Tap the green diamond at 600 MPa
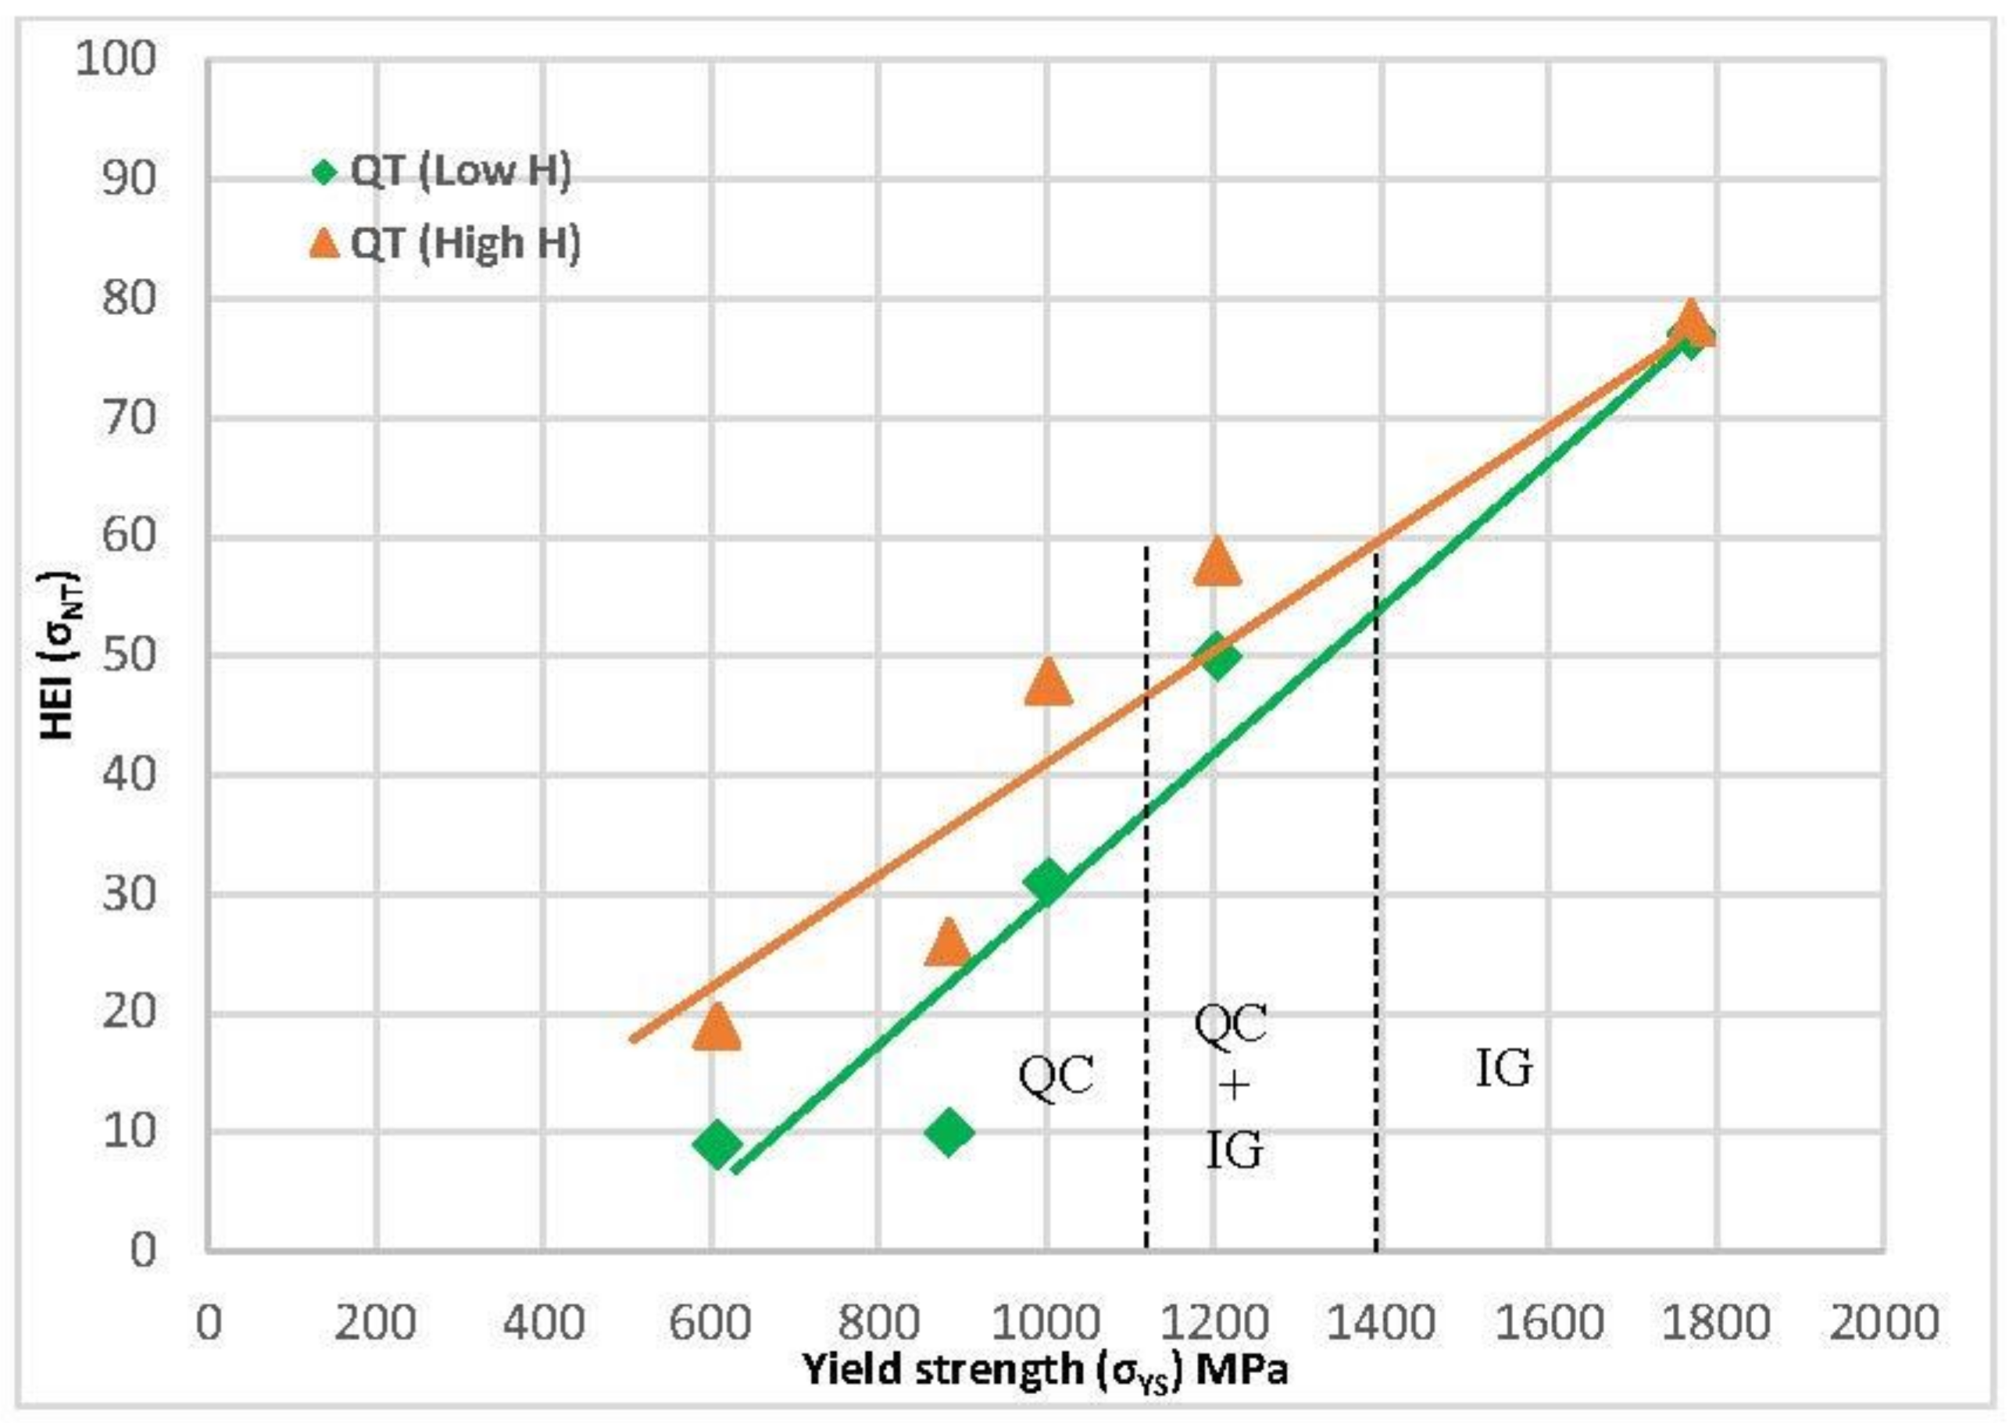click(x=717, y=1142)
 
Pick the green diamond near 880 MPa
click(x=948, y=1132)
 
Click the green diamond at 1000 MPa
click(x=1047, y=881)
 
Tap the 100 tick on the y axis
click(x=116, y=59)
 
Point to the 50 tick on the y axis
click(x=129, y=656)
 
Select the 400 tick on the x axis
click(x=543, y=1323)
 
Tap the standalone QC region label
click(x=1056, y=1076)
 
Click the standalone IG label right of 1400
click(x=1503, y=1069)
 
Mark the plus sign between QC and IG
click(x=1234, y=1086)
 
